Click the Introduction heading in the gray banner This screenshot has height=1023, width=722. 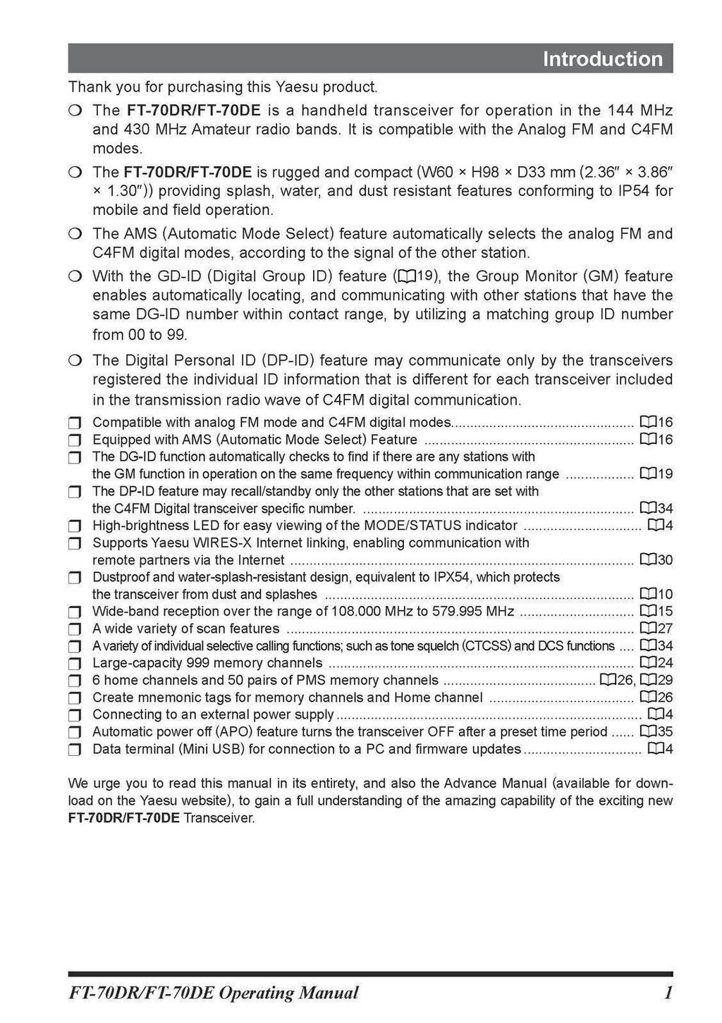(602, 59)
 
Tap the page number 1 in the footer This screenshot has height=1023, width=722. (667, 993)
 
